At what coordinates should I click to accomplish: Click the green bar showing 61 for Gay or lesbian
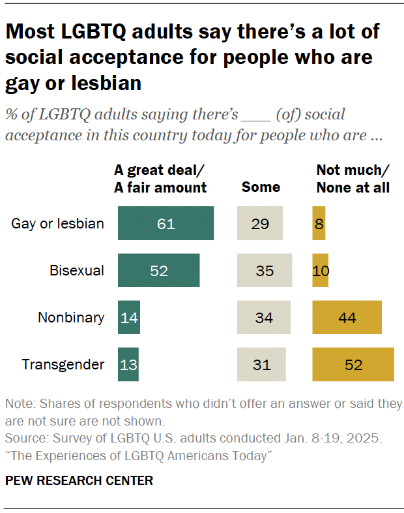click(x=166, y=224)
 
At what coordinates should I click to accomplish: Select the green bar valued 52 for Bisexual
click(x=158, y=271)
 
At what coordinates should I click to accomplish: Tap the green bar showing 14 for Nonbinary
click(x=128, y=318)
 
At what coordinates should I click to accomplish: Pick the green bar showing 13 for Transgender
click(x=128, y=365)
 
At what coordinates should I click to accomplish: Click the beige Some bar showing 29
click(x=259, y=224)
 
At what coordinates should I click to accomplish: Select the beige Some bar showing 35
click(x=264, y=271)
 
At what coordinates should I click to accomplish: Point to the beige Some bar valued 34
click(x=263, y=318)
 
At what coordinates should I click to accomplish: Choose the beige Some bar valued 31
click(x=261, y=365)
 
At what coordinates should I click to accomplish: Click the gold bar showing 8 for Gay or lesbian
click(x=319, y=224)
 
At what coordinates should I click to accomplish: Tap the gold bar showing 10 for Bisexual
click(x=320, y=271)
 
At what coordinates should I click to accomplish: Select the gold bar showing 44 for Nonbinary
click(x=347, y=318)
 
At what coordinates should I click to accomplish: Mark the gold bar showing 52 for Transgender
click(x=353, y=365)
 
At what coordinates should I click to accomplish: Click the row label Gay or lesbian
click(x=57, y=224)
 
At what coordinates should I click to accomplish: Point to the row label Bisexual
click(x=77, y=271)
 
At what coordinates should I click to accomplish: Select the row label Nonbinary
click(x=71, y=318)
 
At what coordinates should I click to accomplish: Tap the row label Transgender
click(x=63, y=365)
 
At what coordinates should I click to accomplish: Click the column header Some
click(x=261, y=187)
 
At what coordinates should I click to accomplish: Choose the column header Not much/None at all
click(x=353, y=179)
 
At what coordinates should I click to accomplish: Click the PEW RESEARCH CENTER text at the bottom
click(x=79, y=481)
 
